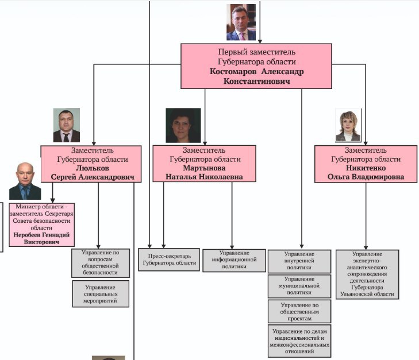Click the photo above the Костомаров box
(x=241, y=22)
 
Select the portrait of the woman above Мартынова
(x=183, y=125)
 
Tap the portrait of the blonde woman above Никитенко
(x=348, y=125)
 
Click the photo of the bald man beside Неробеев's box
(x=25, y=181)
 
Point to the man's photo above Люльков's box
(x=67, y=125)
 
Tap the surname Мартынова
(x=204, y=168)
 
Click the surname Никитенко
(x=366, y=168)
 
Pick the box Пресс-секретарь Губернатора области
(x=169, y=260)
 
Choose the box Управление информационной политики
(x=235, y=261)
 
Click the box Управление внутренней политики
(x=299, y=261)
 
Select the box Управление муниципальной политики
(x=299, y=286)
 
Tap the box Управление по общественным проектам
(x=299, y=311)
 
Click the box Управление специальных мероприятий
(x=101, y=293)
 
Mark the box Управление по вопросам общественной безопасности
(x=101, y=263)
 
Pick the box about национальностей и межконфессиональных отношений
(x=299, y=341)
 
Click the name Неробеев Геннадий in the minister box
(x=41, y=235)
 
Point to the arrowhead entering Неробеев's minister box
(x=53, y=201)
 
